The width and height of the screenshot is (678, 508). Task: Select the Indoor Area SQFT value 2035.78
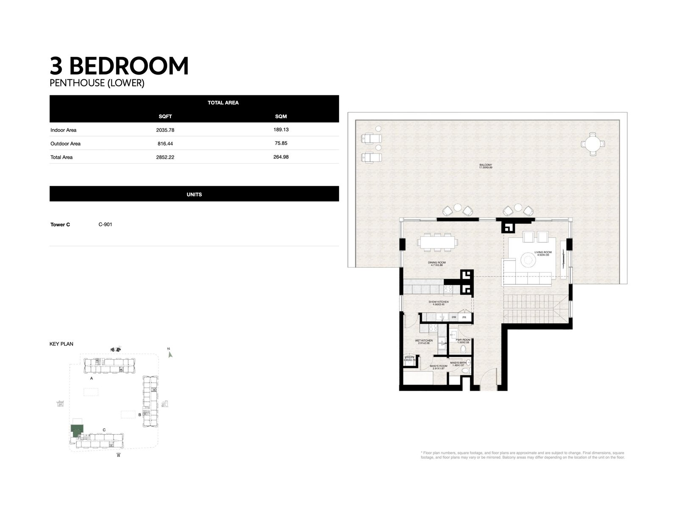tap(165, 130)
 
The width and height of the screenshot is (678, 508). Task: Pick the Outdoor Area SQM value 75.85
tap(281, 143)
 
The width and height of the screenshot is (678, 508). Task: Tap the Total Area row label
tap(61, 157)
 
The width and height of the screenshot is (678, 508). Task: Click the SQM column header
tap(281, 116)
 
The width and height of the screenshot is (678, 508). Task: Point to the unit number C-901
tap(105, 225)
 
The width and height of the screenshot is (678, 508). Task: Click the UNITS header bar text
tap(194, 194)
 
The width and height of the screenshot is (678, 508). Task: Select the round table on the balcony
tap(592, 144)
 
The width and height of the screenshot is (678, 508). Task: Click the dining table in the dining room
tap(438, 242)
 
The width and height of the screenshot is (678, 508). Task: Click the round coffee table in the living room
tap(528, 259)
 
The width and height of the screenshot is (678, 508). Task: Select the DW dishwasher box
tap(453, 317)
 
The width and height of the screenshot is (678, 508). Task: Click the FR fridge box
tap(464, 317)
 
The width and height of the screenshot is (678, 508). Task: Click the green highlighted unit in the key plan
tap(77, 431)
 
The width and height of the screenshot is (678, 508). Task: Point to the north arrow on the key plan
tap(170, 354)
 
